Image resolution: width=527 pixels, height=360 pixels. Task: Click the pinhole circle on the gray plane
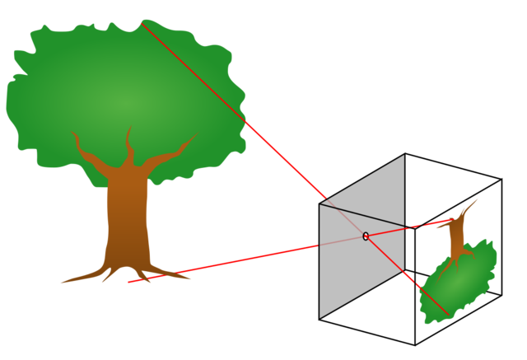pos(366,236)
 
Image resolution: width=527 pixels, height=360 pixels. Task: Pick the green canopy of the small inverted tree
pos(457,283)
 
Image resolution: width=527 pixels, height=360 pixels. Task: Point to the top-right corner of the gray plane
pos(404,155)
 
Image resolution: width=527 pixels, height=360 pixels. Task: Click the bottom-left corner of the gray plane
pos(319,318)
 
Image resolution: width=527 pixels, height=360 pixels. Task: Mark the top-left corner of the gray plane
pos(319,204)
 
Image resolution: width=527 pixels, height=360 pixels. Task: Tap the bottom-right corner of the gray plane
pos(404,271)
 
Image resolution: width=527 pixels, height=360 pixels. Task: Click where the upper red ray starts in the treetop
pos(142,23)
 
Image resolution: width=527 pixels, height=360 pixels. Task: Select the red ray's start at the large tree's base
pos(128,283)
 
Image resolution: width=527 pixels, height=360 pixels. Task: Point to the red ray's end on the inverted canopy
pos(449,315)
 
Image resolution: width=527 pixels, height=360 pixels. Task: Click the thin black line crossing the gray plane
pos(362,216)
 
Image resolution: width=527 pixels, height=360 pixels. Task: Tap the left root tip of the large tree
pos(60,283)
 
